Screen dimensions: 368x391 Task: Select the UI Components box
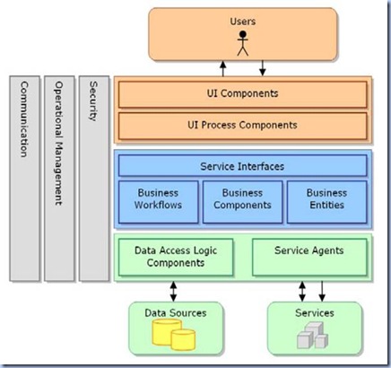pyautogui.click(x=242, y=93)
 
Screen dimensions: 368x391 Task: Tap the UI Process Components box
pyautogui.click(x=242, y=125)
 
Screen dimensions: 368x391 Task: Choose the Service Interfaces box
pyautogui.click(x=242, y=165)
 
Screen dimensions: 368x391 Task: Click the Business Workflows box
pyautogui.click(x=158, y=198)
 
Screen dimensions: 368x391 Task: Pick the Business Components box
pyautogui.click(x=242, y=198)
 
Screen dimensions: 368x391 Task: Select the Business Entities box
pyautogui.click(x=326, y=198)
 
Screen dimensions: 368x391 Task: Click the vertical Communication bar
pyautogui.click(x=25, y=179)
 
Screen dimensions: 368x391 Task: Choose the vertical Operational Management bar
pyautogui.click(x=58, y=179)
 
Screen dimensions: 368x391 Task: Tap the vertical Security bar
pyautogui.click(x=92, y=179)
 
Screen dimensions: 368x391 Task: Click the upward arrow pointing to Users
pyautogui.click(x=222, y=67)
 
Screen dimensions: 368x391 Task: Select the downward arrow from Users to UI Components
pyautogui.click(x=262, y=67)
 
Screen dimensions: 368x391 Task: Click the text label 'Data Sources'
pyautogui.click(x=176, y=312)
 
